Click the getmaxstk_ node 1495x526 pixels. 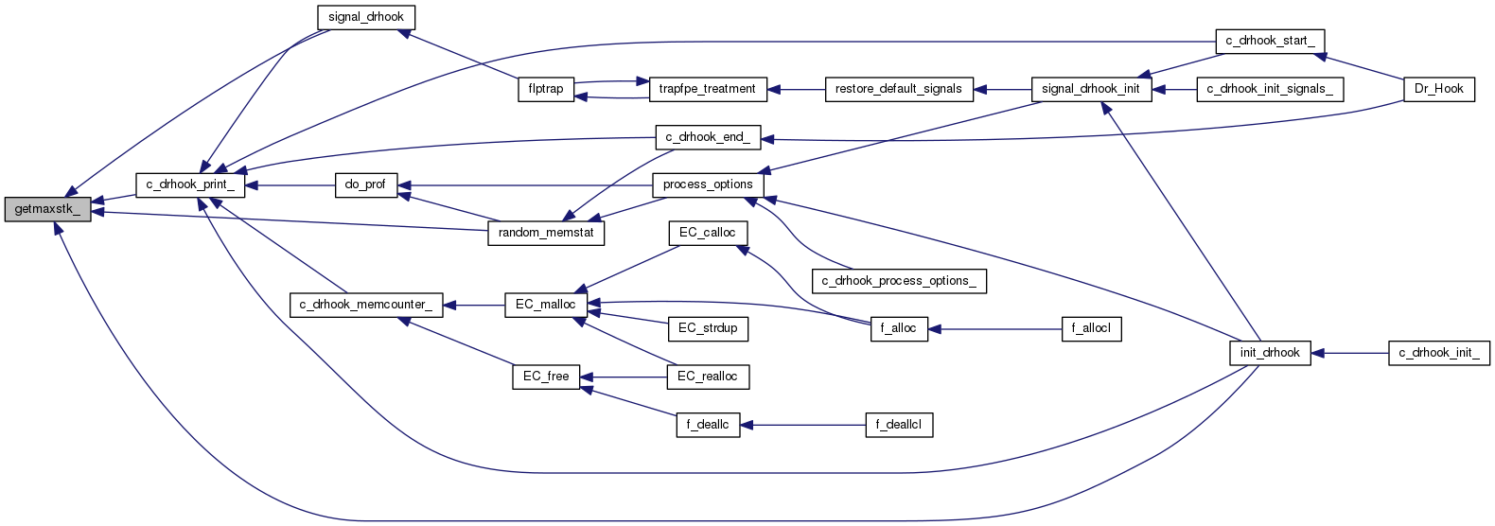coord(48,209)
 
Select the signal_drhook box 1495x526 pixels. coord(365,18)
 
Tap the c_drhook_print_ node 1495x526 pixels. coord(190,184)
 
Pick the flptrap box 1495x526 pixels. coord(546,89)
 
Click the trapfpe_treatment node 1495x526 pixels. coord(708,89)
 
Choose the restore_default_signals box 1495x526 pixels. coord(899,89)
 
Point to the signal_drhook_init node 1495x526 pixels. coord(1091,89)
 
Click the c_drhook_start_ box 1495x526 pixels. coord(1269,41)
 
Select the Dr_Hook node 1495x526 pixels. coord(1438,89)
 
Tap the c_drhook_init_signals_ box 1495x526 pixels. coord(1270,89)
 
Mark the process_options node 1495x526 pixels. coord(708,184)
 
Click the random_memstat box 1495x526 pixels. coord(546,233)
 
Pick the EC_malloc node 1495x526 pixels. coord(546,305)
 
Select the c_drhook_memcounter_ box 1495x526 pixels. coord(365,305)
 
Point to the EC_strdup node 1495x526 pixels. coord(708,328)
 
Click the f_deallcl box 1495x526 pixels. coord(899,425)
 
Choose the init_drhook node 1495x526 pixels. coord(1270,353)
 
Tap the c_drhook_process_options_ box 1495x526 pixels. coord(899,281)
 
